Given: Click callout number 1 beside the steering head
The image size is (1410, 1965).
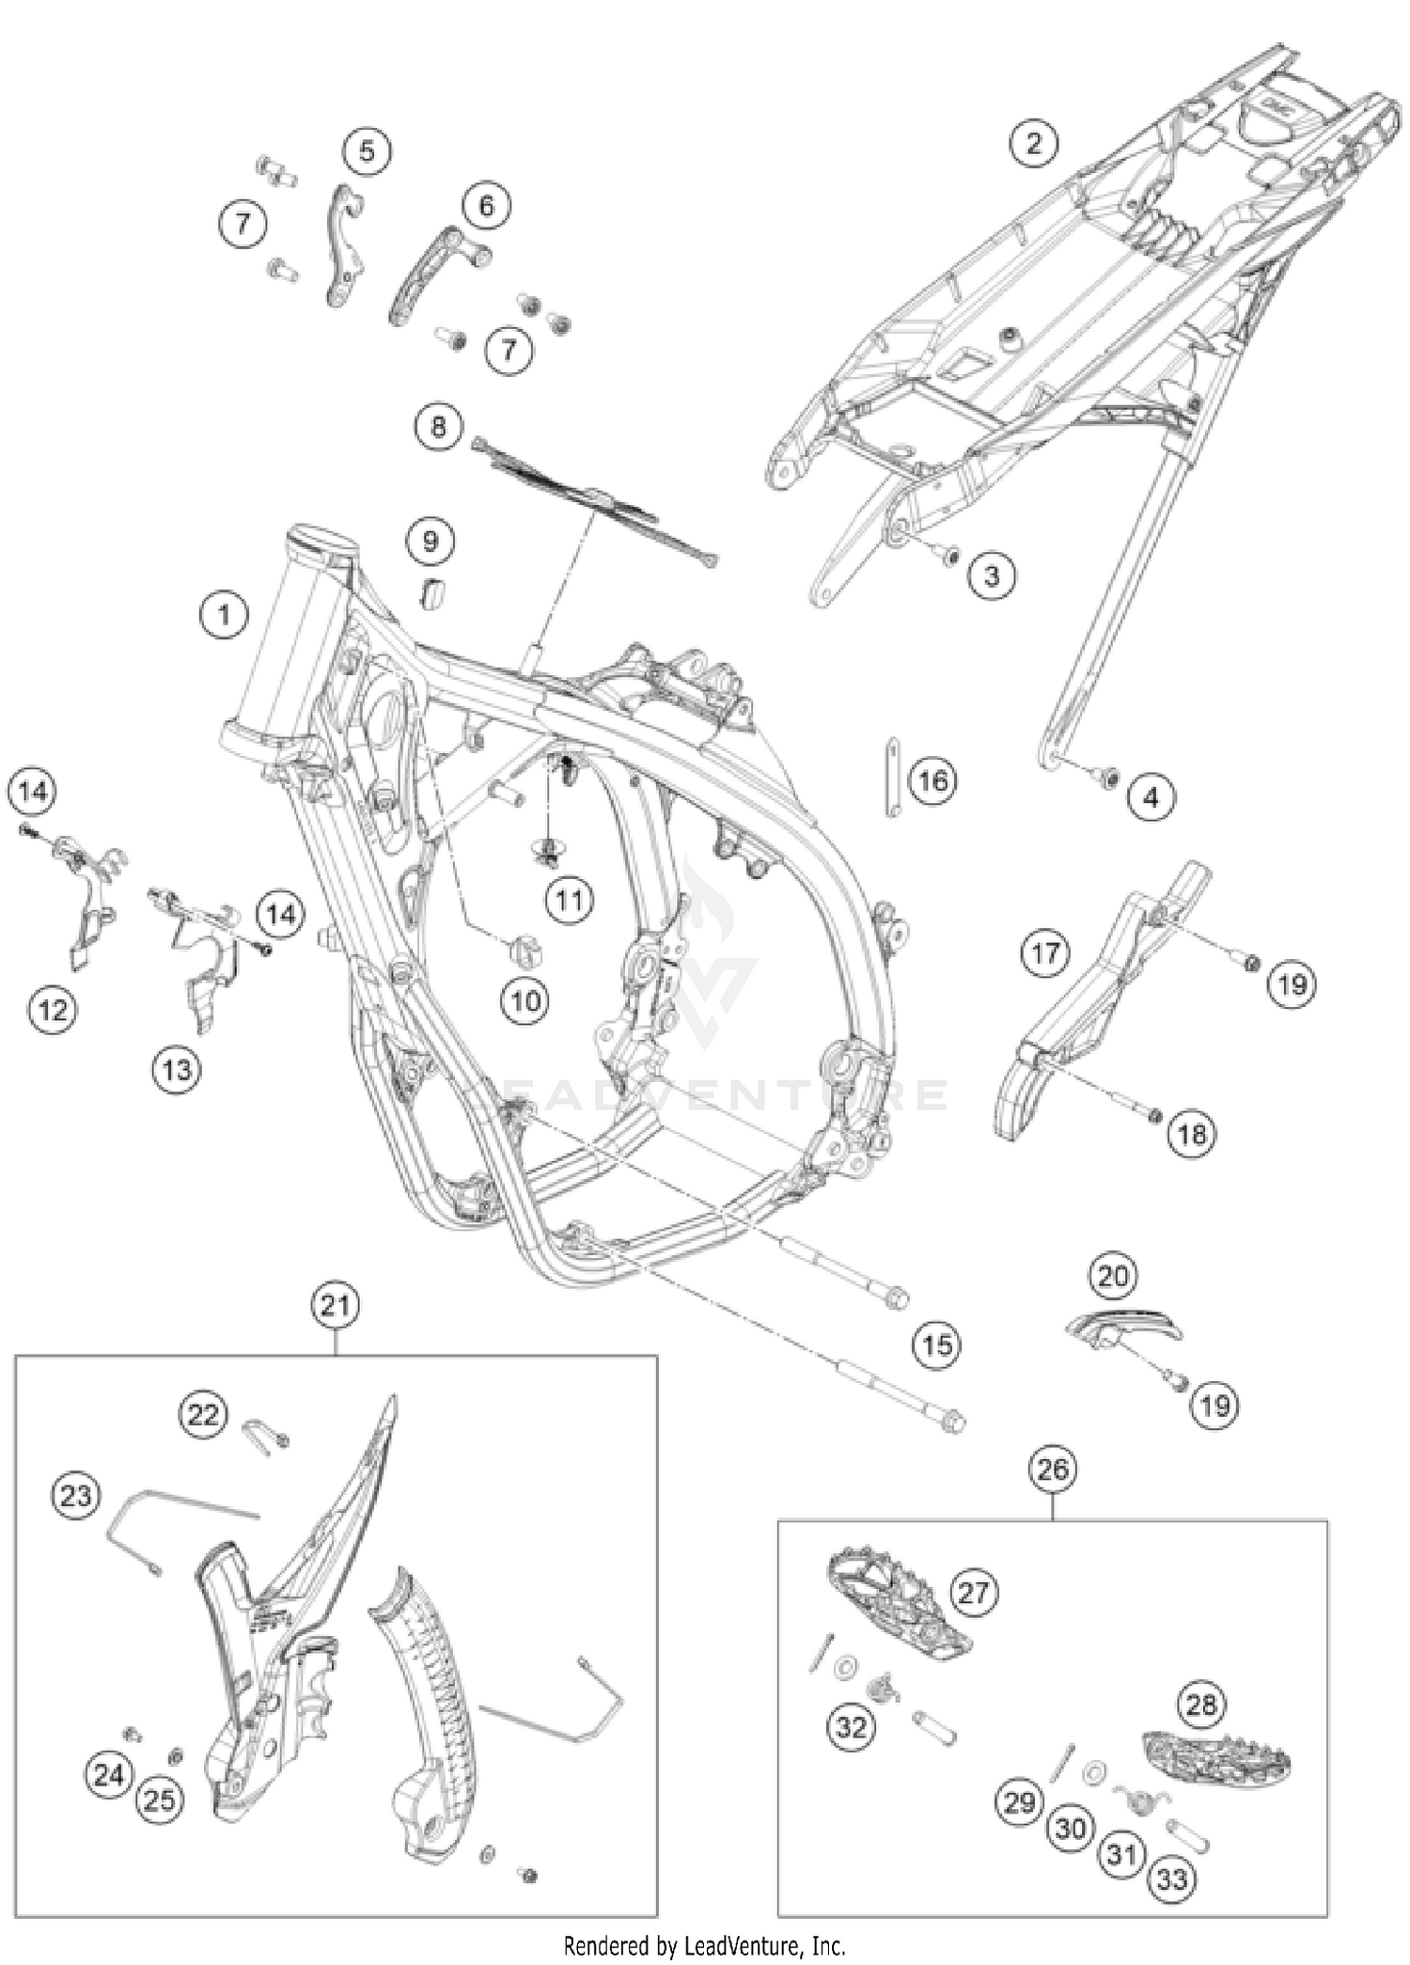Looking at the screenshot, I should tap(223, 616).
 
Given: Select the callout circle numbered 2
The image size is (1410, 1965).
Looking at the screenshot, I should tap(1033, 143).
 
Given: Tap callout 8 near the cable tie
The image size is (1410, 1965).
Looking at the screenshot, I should tap(438, 428).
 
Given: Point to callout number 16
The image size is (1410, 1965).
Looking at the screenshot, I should tap(932, 780).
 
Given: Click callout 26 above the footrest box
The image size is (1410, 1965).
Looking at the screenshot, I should tap(1053, 1469).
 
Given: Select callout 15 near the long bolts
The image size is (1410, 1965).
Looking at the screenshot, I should tap(937, 1344).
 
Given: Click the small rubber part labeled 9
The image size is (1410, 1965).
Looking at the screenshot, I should tap(432, 595).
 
